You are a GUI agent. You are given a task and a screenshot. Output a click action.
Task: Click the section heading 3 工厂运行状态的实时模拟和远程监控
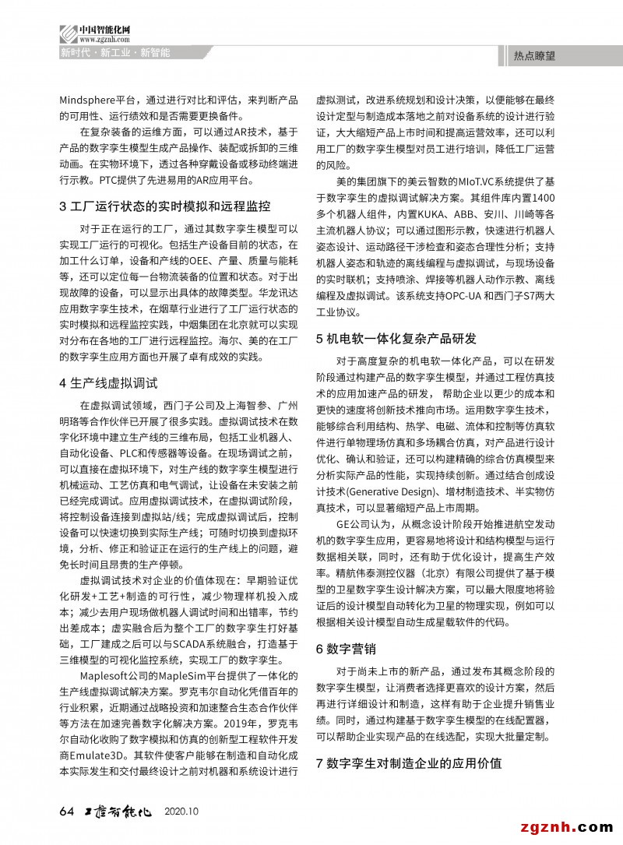165,206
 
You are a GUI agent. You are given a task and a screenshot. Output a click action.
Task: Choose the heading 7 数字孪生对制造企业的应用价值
409,762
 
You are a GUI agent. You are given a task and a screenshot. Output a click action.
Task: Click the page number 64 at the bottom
66,811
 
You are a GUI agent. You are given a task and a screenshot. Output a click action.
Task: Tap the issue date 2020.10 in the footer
182,812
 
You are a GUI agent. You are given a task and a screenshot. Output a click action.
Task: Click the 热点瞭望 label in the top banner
534,55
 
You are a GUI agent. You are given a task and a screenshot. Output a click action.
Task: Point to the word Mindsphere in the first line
86,100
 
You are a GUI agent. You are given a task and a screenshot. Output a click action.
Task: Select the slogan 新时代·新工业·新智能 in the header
114,53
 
